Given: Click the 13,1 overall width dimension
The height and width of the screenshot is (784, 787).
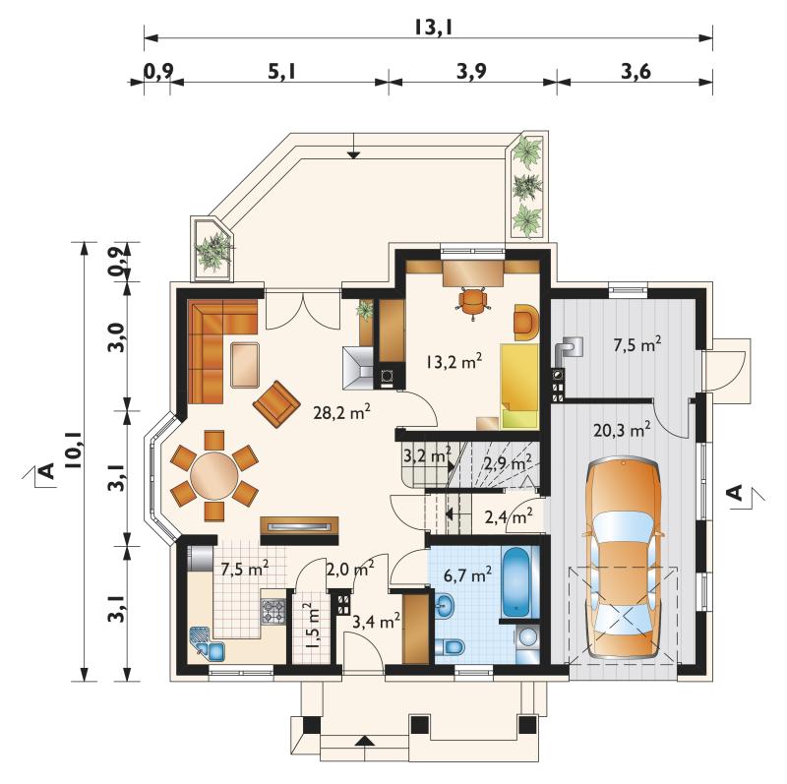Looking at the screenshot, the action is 434,28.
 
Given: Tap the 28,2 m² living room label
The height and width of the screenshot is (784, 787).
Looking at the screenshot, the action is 341,412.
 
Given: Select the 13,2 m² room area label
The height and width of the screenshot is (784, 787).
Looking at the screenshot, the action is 454,361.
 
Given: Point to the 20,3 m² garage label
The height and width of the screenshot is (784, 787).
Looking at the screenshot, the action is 622,430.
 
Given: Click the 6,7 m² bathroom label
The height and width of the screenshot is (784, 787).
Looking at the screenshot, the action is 467,574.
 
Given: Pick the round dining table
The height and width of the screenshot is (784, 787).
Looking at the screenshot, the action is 214,475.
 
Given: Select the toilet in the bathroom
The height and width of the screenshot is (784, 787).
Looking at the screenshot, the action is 450,647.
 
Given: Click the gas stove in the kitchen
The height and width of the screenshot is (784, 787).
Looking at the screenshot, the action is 273,611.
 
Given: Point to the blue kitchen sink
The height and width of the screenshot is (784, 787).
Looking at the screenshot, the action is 207,644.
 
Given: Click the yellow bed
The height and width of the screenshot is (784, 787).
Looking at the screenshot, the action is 519,386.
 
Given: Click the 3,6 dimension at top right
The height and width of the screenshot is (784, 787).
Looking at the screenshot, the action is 636,72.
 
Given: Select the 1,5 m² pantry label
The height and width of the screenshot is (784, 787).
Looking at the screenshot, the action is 312,626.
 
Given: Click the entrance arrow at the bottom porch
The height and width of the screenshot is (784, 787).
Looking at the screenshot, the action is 365,741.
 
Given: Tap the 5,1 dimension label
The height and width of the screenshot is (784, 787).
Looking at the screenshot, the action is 282,72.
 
